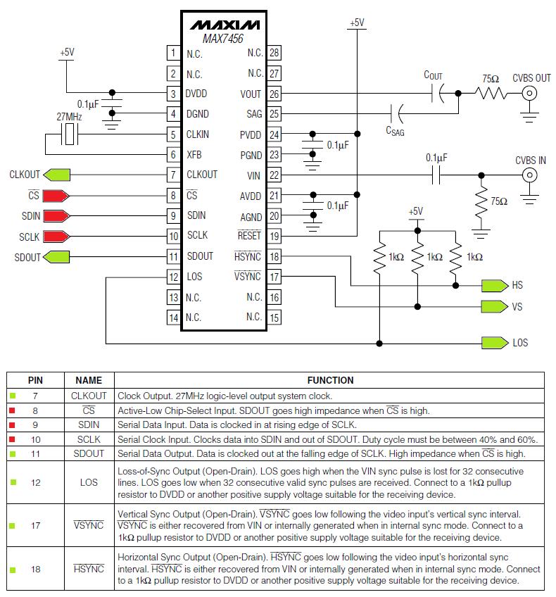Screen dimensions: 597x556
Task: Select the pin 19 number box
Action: pyautogui.click(x=274, y=237)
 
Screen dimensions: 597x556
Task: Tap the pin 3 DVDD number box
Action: pyautogui.click(x=172, y=94)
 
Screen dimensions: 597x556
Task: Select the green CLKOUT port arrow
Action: pyautogui.click(x=57, y=175)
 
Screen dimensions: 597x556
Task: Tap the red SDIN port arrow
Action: pyautogui.click(x=57, y=215)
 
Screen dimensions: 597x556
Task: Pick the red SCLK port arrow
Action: pyautogui.click(x=57, y=237)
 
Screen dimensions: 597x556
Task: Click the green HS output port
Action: pyautogui.click(x=495, y=286)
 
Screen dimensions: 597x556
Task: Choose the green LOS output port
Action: pyautogui.click(x=495, y=343)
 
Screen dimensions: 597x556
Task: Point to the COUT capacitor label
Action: pyautogui.click(x=434, y=75)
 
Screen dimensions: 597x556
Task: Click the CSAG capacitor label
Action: pyautogui.click(x=395, y=130)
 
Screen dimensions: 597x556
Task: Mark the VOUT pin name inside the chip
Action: pyautogui.click(x=251, y=94)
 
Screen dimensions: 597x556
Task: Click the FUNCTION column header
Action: pyautogui.click(x=331, y=380)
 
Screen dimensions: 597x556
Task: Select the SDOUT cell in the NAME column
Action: pyautogui.click(x=89, y=454)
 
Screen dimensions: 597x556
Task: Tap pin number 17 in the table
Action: pyautogui.click(x=35, y=525)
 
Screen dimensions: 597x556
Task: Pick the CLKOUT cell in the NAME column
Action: pyautogui.click(x=89, y=396)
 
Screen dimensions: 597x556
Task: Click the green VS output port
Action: pyautogui.click(x=495, y=307)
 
